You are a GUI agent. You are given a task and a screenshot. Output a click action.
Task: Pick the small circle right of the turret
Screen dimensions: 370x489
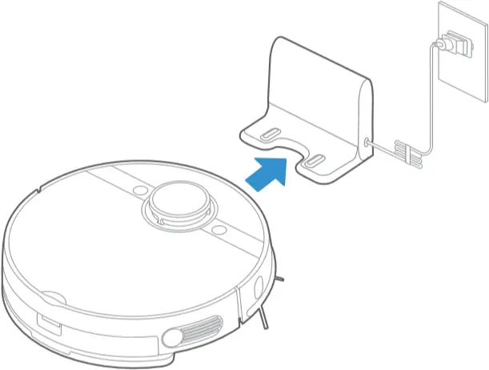point(218,232)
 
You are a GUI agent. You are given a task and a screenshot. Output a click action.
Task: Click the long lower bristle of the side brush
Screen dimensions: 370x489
point(262,320)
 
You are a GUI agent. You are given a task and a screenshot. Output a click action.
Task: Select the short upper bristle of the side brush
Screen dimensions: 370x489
point(280,280)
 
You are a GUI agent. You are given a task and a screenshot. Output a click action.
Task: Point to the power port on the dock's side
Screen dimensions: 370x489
point(367,142)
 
